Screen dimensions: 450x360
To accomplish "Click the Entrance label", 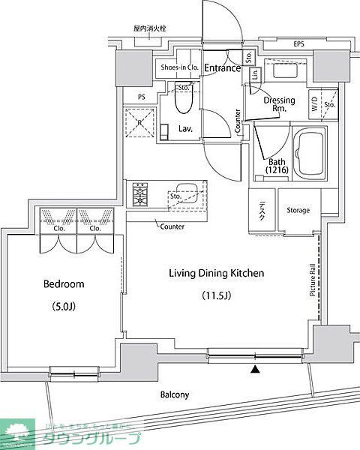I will tap(223, 68).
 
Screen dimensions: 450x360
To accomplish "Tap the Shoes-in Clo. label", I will tap(179, 67).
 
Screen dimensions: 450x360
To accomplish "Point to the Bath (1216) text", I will tap(276, 166).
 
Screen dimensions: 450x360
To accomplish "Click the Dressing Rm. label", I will tap(278, 104).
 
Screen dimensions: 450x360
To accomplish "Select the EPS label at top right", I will tap(298, 43).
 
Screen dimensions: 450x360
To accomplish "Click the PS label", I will tap(141, 97).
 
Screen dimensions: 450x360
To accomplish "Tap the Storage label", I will tap(298, 210).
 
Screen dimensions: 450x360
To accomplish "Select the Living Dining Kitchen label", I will tap(216, 274).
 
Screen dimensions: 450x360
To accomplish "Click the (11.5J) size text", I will tap(216, 295).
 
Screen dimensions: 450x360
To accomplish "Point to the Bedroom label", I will tap(64, 284).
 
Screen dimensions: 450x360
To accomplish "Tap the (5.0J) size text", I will tap(64, 306).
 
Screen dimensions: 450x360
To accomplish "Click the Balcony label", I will tap(175, 394).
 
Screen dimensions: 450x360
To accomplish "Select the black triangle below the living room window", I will tap(256, 369).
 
